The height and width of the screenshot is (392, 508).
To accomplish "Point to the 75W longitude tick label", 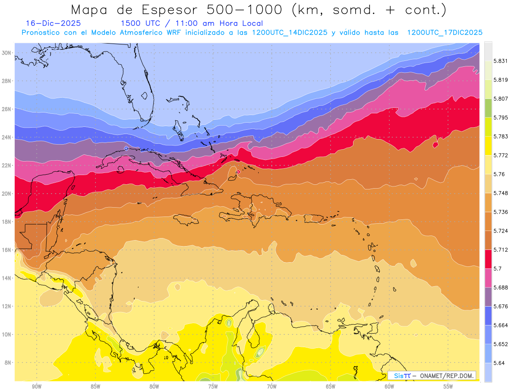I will (213, 387).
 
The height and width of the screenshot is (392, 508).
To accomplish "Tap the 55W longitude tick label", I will (448, 387).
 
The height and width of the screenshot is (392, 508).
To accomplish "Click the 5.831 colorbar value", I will (500, 61).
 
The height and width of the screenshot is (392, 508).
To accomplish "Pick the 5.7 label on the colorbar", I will (497, 269).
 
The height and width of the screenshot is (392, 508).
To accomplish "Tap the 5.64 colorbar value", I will (499, 363).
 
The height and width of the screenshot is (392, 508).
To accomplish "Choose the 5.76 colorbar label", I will (499, 174).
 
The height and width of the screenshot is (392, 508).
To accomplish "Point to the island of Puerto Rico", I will (311, 218).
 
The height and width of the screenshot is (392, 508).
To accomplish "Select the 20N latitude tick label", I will (7, 194).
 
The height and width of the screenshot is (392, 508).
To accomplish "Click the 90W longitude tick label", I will (37, 387).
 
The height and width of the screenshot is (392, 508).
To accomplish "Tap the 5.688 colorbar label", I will (500, 288).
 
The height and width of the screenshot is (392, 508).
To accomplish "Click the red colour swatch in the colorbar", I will (488, 259).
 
